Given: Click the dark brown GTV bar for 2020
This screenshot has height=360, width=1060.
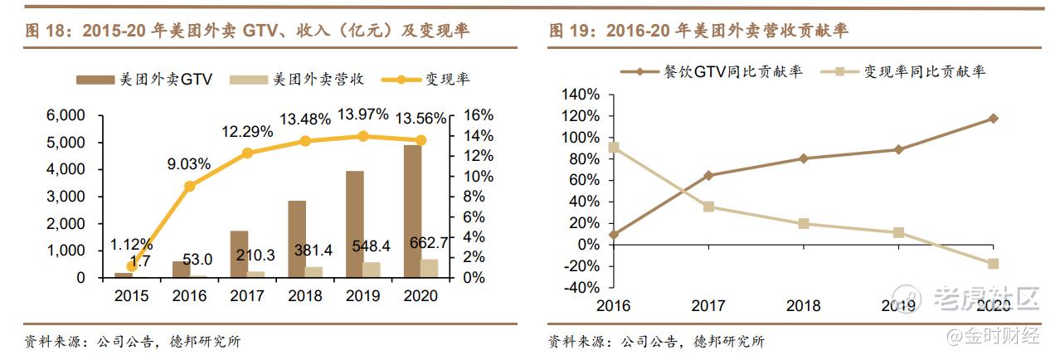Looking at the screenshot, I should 412,212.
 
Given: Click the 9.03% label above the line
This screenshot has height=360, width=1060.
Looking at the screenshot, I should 188,164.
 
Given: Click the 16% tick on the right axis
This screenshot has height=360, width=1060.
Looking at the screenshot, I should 477,115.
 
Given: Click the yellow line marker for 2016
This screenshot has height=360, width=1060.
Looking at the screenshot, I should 189,186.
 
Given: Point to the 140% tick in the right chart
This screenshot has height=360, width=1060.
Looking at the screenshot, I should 580,95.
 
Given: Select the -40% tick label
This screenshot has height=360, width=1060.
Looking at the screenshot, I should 580,288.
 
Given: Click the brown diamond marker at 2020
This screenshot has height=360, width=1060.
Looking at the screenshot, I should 993,119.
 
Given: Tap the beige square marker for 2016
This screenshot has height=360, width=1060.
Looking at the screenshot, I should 613,148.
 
